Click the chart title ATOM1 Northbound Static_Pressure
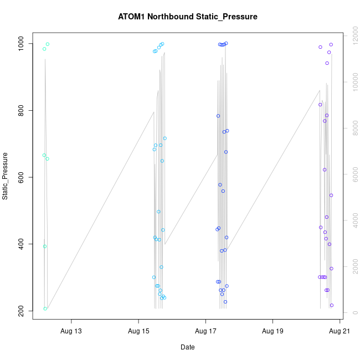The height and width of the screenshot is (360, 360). pyautogui.click(x=188, y=17)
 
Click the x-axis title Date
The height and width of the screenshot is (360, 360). pyautogui.click(x=188, y=347)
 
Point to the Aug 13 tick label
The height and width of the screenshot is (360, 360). pyautogui.click(x=71, y=332)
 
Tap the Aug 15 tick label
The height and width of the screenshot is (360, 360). pyautogui.click(x=138, y=332)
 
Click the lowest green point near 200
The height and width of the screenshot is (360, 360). pyautogui.click(x=45, y=308)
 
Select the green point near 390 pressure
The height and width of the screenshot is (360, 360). pyautogui.click(x=45, y=246)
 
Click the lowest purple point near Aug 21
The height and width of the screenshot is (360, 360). pyautogui.click(x=332, y=305)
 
